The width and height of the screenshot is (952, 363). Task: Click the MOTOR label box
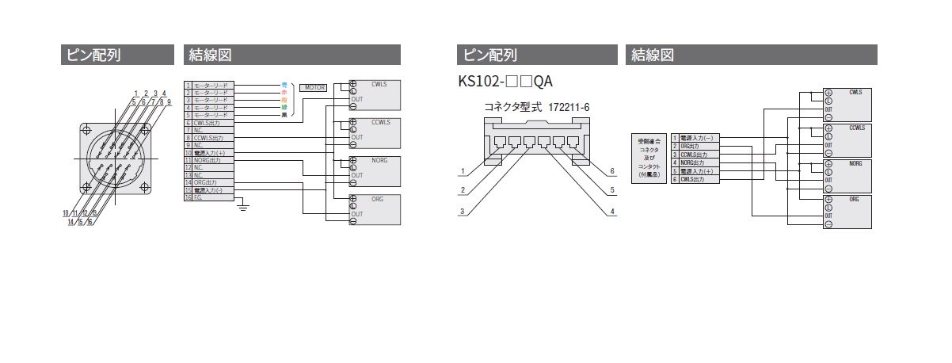315,87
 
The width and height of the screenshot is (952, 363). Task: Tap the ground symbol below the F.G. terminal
244,207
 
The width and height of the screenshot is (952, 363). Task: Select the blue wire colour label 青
284,84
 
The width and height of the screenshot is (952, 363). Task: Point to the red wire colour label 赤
284,92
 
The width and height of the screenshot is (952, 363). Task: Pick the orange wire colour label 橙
284,100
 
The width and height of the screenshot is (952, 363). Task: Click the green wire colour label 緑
284,107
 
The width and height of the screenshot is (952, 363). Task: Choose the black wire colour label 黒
284,115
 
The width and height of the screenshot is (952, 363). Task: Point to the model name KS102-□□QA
505,81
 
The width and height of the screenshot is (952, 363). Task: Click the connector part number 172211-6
569,106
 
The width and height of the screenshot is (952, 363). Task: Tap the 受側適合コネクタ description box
648,159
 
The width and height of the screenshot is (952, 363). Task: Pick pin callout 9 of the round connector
169,102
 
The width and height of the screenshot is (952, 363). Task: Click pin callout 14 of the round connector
70,222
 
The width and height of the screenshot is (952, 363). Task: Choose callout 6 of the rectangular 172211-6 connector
612,171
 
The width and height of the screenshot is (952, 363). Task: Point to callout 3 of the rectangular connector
461,212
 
